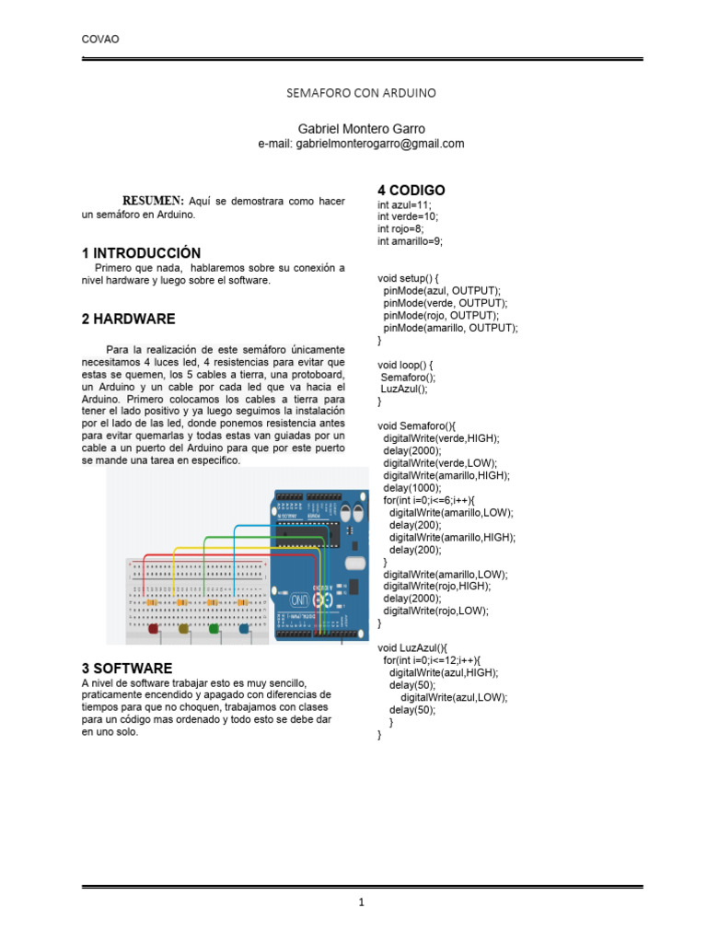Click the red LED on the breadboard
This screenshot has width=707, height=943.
tap(153, 628)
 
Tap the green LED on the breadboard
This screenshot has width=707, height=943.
tap(214, 628)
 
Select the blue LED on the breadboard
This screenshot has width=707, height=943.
tap(244, 628)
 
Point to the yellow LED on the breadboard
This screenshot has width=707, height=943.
tap(183, 628)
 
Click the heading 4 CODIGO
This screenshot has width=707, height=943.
tap(411, 190)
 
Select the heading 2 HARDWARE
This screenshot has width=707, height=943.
tap(128, 319)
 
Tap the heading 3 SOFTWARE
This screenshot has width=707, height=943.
tap(127, 668)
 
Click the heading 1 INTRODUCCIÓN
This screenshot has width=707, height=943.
tap(141, 252)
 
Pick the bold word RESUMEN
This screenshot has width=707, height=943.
tap(154, 201)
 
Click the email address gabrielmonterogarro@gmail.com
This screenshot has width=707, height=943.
tap(361, 144)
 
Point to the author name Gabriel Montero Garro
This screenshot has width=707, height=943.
tap(361, 128)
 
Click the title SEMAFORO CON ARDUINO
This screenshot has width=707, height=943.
tap(361, 93)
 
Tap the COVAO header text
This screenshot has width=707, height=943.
tap(100, 39)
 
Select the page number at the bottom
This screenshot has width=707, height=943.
tap(363, 903)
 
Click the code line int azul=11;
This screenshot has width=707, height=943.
tap(404, 204)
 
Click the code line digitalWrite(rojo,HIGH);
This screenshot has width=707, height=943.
tap(436, 586)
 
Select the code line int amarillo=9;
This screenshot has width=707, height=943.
tap(411, 241)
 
